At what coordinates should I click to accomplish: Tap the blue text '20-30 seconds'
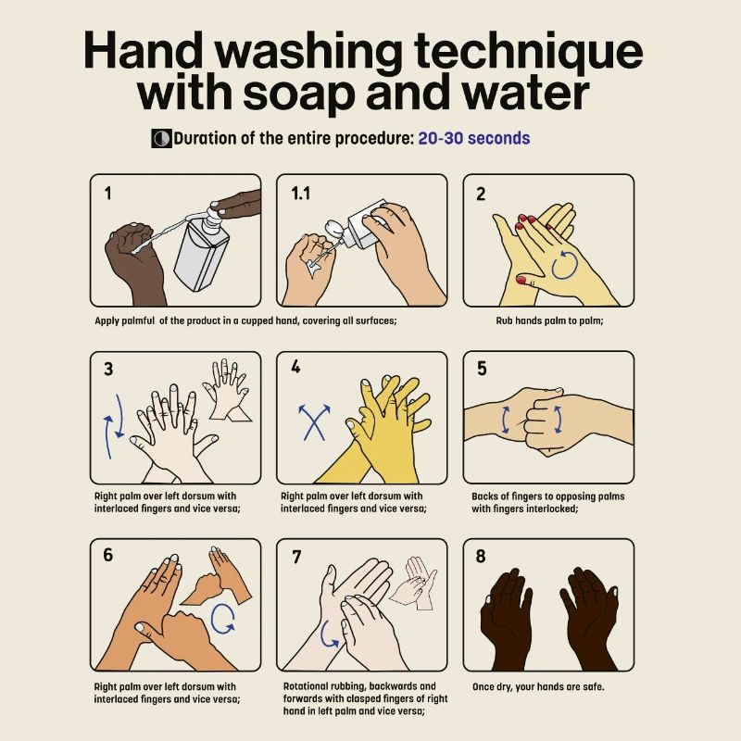pyautogui.click(x=473, y=138)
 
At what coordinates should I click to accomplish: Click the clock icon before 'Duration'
pyautogui.click(x=161, y=139)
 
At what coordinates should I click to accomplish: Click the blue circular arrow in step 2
pyautogui.click(x=565, y=268)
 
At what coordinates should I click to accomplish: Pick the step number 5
pyautogui.click(x=482, y=369)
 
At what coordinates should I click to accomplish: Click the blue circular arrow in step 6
pyautogui.click(x=222, y=618)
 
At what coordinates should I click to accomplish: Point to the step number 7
pyautogui.click(x=296, y=556)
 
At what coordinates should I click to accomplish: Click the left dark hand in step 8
pyautogui.click(x=506, y=616)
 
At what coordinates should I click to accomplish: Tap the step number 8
pyautogui.click(x=481, y=556)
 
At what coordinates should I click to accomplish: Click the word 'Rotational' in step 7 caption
pyautogui.click(x=307, y=686)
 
